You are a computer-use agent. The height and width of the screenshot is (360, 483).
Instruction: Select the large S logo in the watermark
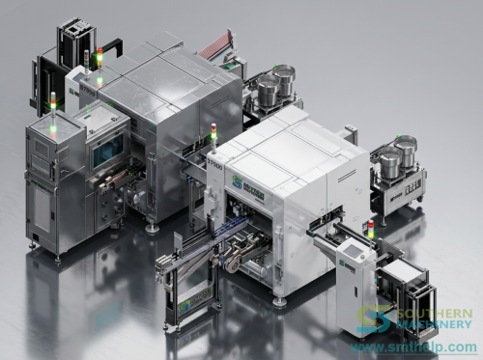375,321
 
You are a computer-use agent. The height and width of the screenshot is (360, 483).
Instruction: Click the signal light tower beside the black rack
97,59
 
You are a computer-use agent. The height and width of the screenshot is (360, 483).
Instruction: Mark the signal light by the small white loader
370,231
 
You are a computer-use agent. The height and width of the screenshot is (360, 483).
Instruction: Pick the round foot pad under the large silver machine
152,228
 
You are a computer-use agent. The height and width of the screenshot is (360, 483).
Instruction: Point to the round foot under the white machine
279,301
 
